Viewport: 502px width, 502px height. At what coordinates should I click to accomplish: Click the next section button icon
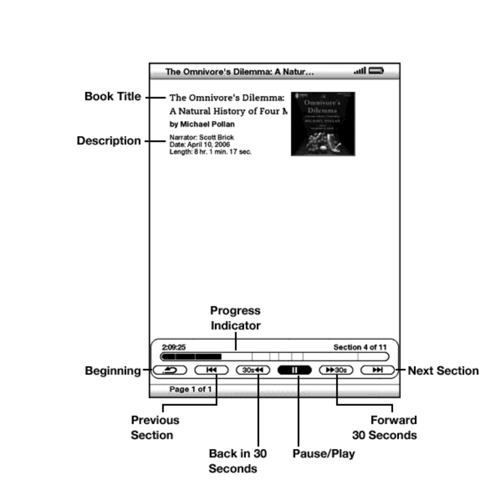[378, 370]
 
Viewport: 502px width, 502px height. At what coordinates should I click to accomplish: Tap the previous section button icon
[212, 370]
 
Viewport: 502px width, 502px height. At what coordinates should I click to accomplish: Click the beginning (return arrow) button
[169, 370]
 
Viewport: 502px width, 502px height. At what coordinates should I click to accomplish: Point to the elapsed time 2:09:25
[174, 347]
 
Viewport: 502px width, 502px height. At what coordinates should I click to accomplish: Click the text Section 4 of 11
[359, 347]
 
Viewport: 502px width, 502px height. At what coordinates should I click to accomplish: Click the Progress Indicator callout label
[235, 318]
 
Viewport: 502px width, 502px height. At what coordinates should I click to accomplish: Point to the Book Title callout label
[113, 97]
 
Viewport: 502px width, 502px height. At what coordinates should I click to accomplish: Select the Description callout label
[109, 141]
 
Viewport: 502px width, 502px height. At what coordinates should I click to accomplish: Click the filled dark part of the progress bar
[191, 356]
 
